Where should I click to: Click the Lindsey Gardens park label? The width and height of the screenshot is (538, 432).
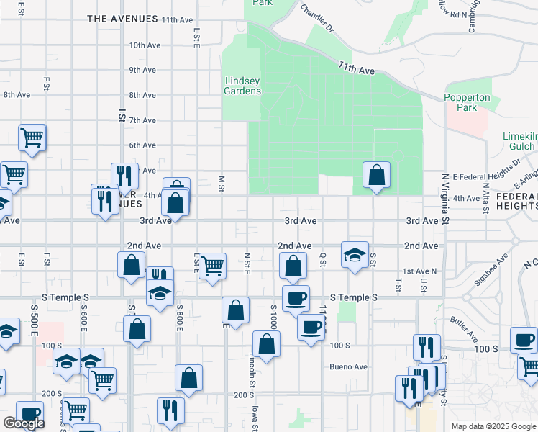pos(242,86)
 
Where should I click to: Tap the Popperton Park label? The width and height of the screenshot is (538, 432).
pos(467,102)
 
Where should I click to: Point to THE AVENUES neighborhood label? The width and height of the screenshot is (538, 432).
pos(122,19)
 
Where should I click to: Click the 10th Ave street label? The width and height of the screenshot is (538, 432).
pos(145,45)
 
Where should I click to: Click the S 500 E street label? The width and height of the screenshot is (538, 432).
pos(35,320)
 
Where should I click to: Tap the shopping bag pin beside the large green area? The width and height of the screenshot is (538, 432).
pos(376,174)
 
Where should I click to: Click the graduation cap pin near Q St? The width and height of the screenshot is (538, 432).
pos(355,255)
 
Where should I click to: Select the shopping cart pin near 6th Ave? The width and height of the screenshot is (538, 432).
pos(32,137)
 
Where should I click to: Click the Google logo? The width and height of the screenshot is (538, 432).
pos(24,423)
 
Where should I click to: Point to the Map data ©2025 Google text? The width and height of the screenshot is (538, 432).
pos(493,426)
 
